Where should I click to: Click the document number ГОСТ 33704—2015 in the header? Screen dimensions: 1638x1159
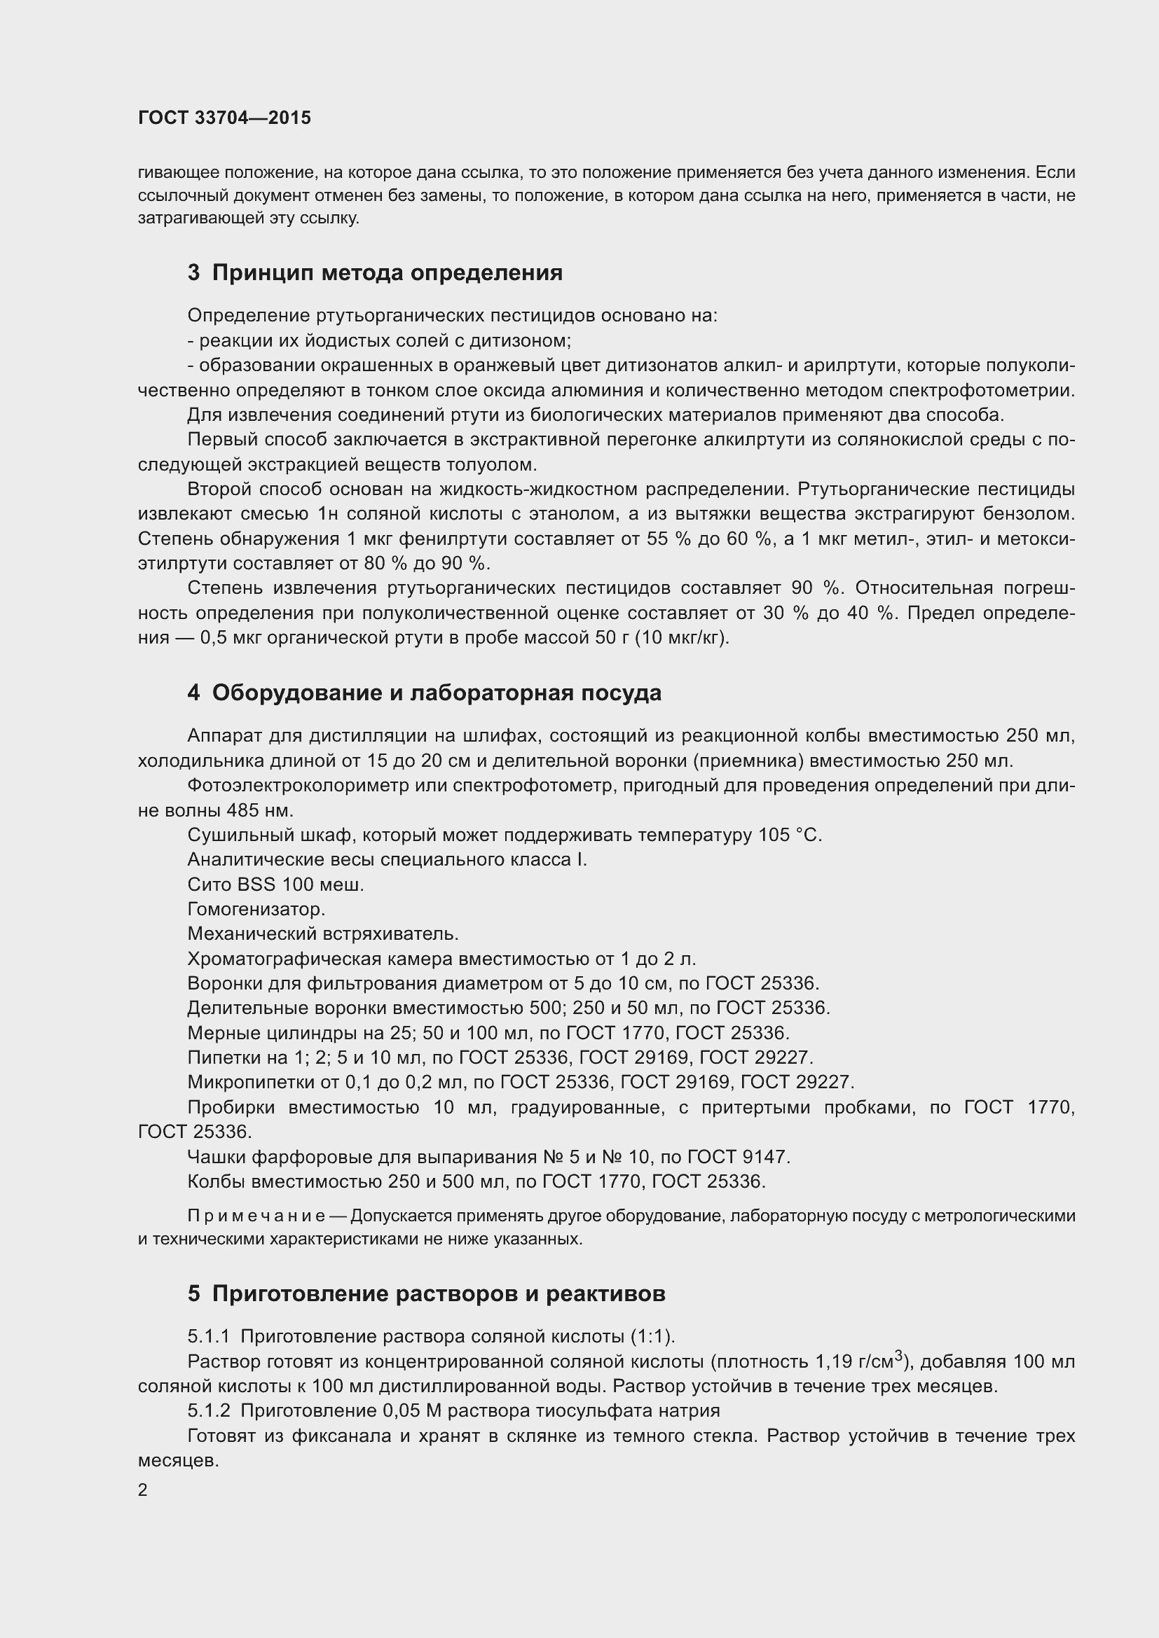(x=224, y=118)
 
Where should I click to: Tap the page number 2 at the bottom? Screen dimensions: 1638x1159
(x=143, y=1490)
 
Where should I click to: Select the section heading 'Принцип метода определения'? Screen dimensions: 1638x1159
(x=387, y=272)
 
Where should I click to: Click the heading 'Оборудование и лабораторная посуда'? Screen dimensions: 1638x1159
(x=436, y=693)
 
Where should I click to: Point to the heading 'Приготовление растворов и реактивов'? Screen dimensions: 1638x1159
(x=438, y=1294)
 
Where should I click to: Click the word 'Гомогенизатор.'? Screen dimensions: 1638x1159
(x=256, y=910)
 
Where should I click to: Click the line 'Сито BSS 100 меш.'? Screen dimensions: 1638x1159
(x=275, y=884)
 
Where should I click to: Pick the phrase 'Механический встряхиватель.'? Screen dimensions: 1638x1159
(x=322, y=934)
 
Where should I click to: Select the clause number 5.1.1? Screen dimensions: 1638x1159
(x=208, y=1336)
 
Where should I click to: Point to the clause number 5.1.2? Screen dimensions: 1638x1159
(x=208, y=1410)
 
